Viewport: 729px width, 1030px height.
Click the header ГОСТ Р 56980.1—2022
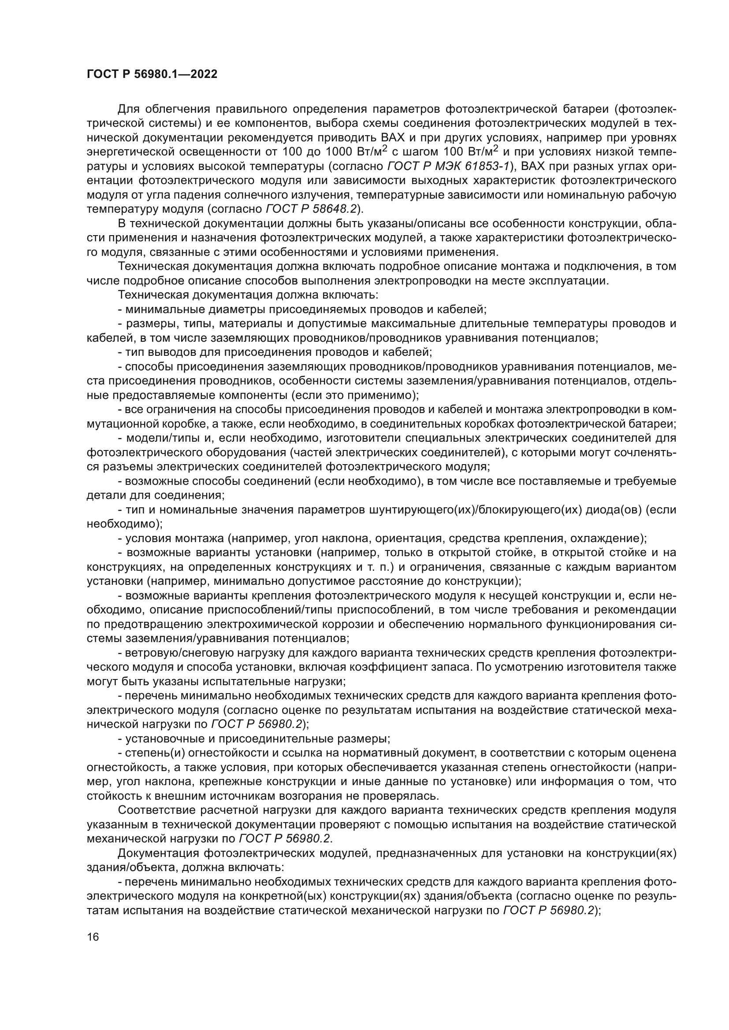(x=152, y=74)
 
